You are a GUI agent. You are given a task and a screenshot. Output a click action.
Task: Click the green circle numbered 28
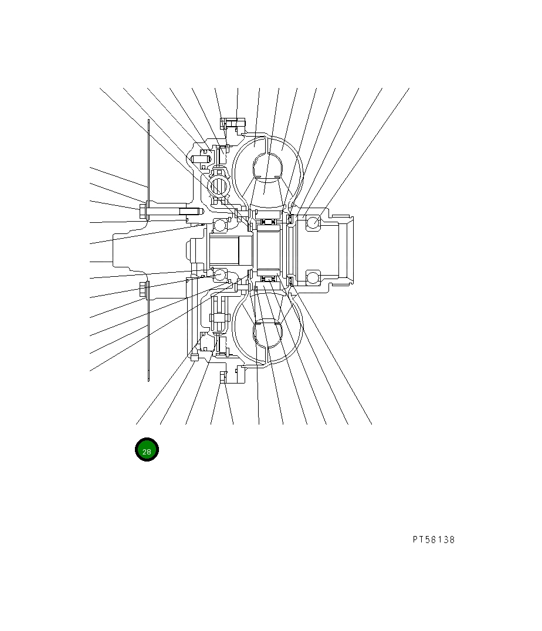[x=147, y=450]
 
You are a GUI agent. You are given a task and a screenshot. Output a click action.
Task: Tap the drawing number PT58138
[x=433, y=540]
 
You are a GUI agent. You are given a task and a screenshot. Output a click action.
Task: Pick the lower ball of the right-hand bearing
[x=313, y=277]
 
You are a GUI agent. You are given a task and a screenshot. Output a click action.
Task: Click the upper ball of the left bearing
[x=219, y=225]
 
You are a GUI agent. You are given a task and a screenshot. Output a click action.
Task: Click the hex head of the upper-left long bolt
[x=143, y=211]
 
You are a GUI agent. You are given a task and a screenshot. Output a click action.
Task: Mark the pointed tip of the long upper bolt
[x=200, y=211]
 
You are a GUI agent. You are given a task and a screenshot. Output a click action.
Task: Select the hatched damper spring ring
[x=218, y=186]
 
